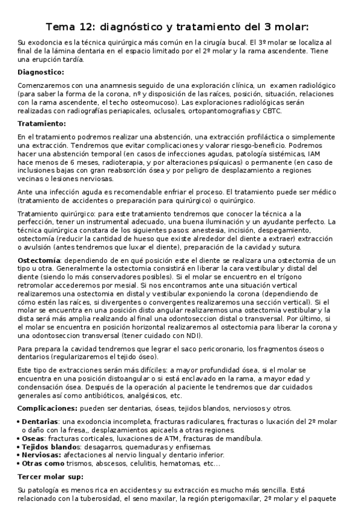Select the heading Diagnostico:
tap(41, 72)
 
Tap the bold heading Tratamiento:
tap(41, 123)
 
